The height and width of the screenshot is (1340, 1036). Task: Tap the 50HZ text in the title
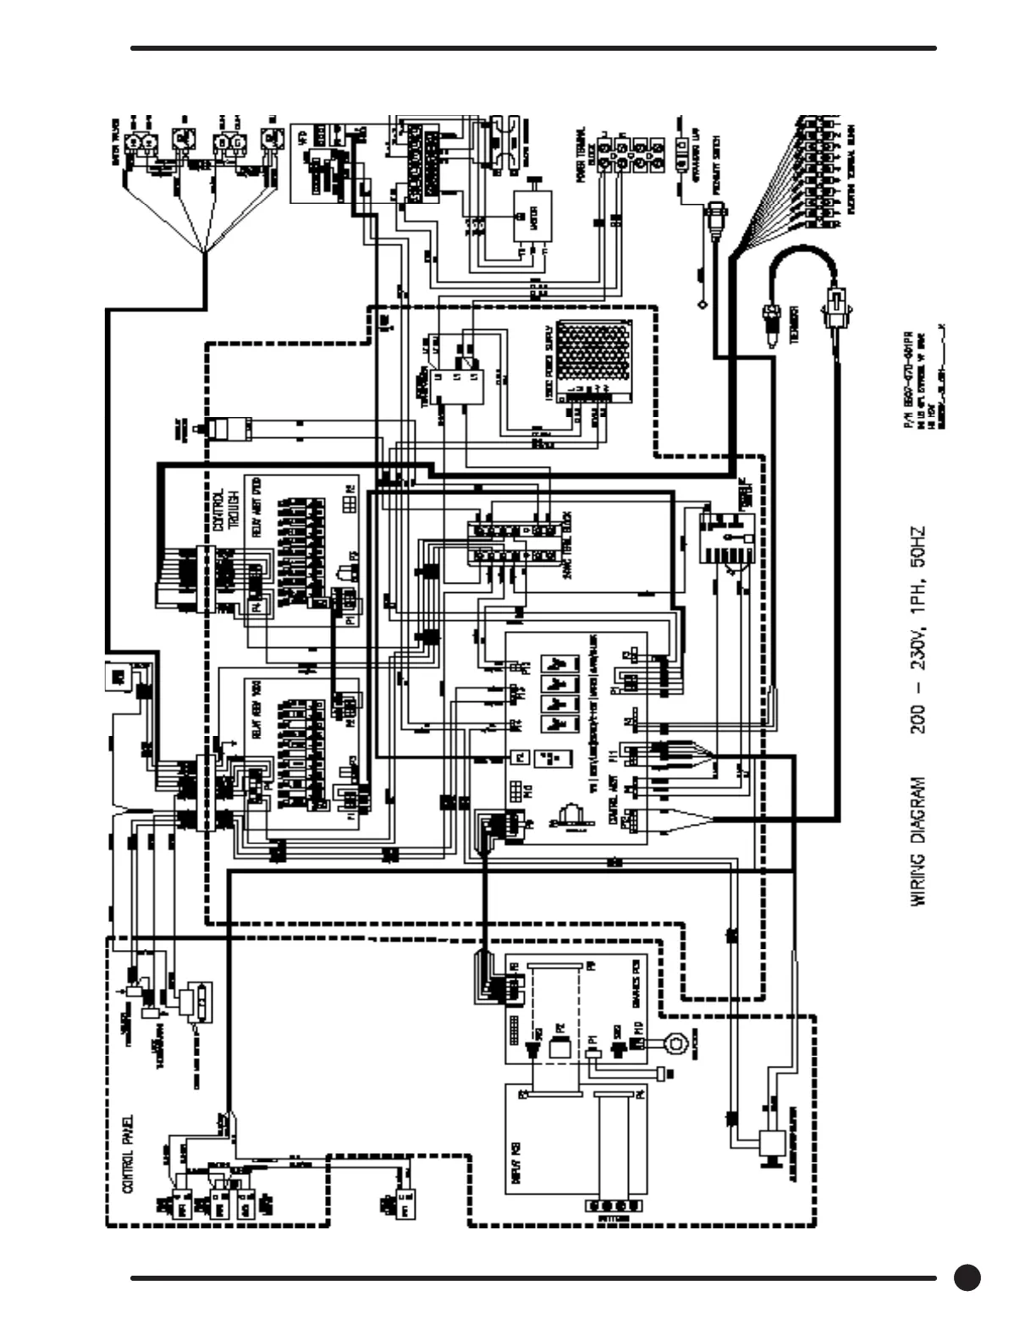pos(919,546)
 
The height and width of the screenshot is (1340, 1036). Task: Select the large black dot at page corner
pos(967,1277)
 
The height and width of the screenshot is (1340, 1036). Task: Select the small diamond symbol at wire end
pos(702,302)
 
